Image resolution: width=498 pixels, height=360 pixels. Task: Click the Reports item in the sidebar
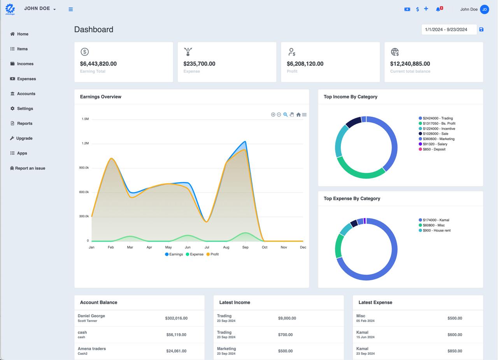[24, 123]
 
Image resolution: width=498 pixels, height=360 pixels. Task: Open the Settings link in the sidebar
[25, 109]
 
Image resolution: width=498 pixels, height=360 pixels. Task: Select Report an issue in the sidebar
[30, 168]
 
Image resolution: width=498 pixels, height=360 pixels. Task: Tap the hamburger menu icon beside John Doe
[70, 9]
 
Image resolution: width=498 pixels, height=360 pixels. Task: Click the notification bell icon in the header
[438, 9]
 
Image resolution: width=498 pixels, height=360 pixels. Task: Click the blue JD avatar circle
[484, 9]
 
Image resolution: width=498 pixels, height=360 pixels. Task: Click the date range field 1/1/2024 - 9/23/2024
[449, 30]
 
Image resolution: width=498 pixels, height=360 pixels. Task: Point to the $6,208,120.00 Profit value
[305, 64]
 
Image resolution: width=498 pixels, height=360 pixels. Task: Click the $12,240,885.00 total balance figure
[410, 64]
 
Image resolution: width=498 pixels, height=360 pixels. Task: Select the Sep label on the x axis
[245, 247]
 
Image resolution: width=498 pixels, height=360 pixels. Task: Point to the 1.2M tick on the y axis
[85, 143]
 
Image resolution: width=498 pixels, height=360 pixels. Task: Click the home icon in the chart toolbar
[298, 114]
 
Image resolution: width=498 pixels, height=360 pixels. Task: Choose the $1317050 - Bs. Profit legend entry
[438, 123]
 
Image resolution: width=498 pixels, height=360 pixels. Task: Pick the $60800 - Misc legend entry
[433, 225]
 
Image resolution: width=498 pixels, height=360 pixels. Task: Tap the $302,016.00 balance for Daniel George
[176, 318]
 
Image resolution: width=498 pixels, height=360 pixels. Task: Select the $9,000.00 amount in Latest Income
[287, 318]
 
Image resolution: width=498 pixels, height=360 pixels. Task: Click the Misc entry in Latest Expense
[361, 316]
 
